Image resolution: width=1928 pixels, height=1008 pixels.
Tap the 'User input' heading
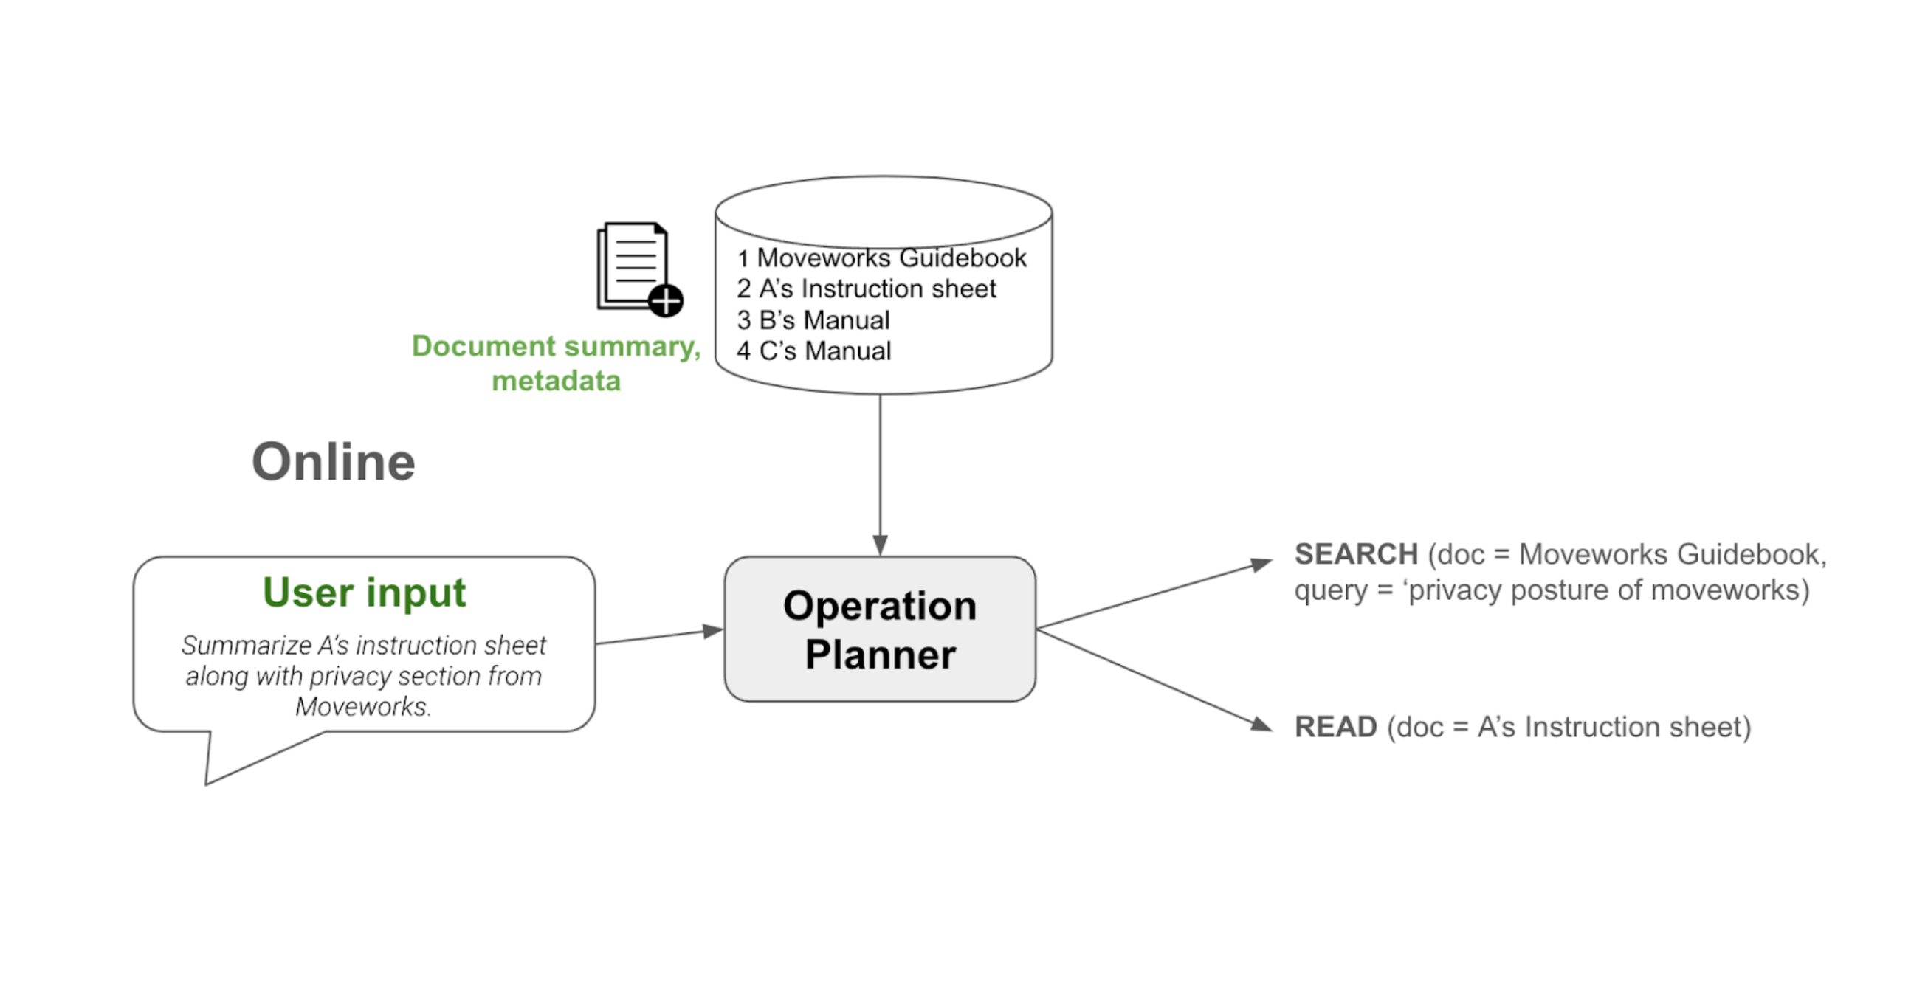click(x=364, y=593)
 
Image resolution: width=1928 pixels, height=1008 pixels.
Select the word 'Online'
click(x=333, y=462)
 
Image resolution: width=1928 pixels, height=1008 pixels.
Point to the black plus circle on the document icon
click(x=665, y=301)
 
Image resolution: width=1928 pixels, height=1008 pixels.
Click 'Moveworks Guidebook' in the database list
click(x=891, y=258)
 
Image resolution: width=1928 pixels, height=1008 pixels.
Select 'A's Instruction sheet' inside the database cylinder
click(x=876, y=289)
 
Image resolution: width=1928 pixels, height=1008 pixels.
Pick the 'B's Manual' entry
click(x=823, y=320)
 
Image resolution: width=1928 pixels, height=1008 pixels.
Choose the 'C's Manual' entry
click(x=824, y=351)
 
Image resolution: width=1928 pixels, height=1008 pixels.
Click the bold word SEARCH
click(x=1355, y=554)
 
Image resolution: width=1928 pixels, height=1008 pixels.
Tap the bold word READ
click(x=1335, y=728)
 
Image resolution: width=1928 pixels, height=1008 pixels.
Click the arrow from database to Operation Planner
click(x=880, y=472)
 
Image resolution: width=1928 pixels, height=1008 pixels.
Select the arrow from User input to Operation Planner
click(x=658, y=636)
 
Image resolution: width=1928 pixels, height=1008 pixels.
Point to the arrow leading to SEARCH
click(x=1153, y=594)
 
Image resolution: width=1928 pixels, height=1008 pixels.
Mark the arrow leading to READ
click(x=1153, y=678)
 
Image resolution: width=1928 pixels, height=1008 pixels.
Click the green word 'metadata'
click(x=556, y=381)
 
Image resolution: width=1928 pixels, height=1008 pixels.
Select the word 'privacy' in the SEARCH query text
click(x=1455, y=590)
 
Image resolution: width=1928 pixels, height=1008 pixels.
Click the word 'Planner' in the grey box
click(x=880, y=655)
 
